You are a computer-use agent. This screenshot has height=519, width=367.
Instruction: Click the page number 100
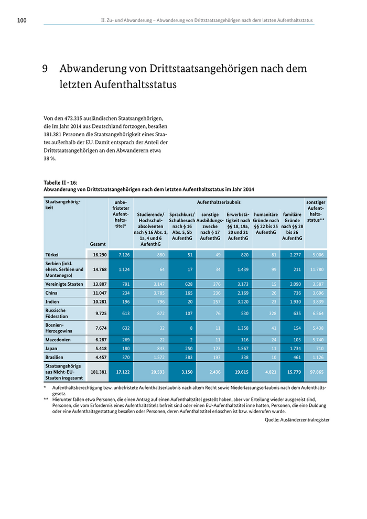click(x=21, y=20)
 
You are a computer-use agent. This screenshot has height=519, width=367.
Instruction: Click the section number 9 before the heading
click(x=46, y=69)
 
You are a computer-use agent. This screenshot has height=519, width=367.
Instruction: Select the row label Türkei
click(x=52, y=254)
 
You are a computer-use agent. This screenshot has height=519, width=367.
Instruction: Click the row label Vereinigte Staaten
click(x=64, y=284)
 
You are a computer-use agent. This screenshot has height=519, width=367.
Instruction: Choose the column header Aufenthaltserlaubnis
click(x=219, y=202)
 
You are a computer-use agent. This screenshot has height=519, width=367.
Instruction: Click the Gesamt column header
click(x=98, y=244)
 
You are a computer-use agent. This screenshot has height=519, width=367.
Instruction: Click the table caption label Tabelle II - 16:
click(x=60, y=182)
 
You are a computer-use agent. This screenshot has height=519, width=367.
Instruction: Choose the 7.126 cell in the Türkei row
click(x=121, y=254)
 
